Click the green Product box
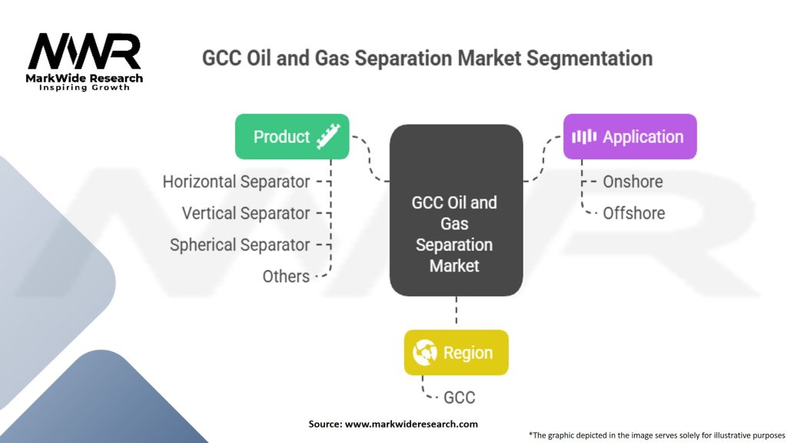[291, 137]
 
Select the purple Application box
[629, 137]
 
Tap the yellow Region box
[456, 353]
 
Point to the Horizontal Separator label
[236, 182]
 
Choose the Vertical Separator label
[245, 213]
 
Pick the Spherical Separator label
[239, 245]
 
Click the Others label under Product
[286, 276]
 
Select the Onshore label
[633, 182]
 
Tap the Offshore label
[633, 213]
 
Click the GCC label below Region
[459, 398]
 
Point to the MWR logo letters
[85, 52]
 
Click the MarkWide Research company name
[85, 78]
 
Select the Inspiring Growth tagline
[85, 88]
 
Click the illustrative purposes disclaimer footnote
[656, 435]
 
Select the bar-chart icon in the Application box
[584, 137]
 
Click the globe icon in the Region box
[425, 353]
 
